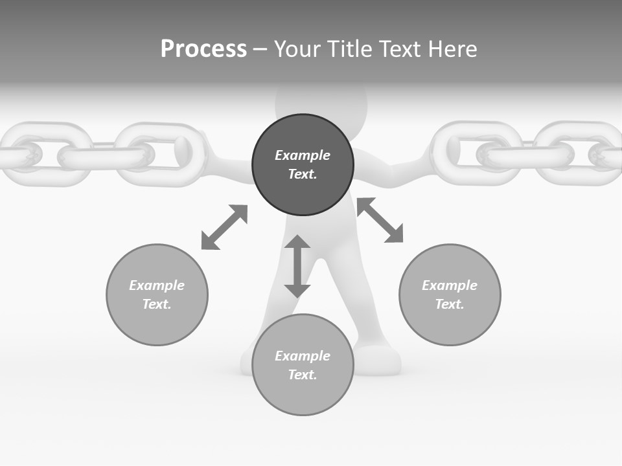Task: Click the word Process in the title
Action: pyautogui.click(x=203, y=49)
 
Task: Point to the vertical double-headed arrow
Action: pyautogui.click(x=297, y=266)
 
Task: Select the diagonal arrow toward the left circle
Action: pyautogui.click(x=224, y=227)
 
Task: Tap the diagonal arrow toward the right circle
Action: pyautogui.click(x=380, y=220)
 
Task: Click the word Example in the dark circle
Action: pyautogui.click(x=303, y=155)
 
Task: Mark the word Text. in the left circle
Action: pyautogui.click(x=157, y=304)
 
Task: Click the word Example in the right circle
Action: pyautogui.click(x=450, y=285)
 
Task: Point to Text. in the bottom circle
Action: pyautogui.click(x=303, y=375)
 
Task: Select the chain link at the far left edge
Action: pyautogui.click(x=16, y=155)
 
